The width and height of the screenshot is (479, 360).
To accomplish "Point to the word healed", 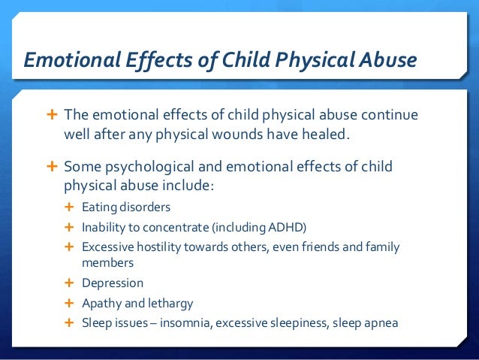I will [x=327, y=135].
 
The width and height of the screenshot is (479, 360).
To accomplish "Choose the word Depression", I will [x=112, y=283].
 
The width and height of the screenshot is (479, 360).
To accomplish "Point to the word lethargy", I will [x=170, y=304].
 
